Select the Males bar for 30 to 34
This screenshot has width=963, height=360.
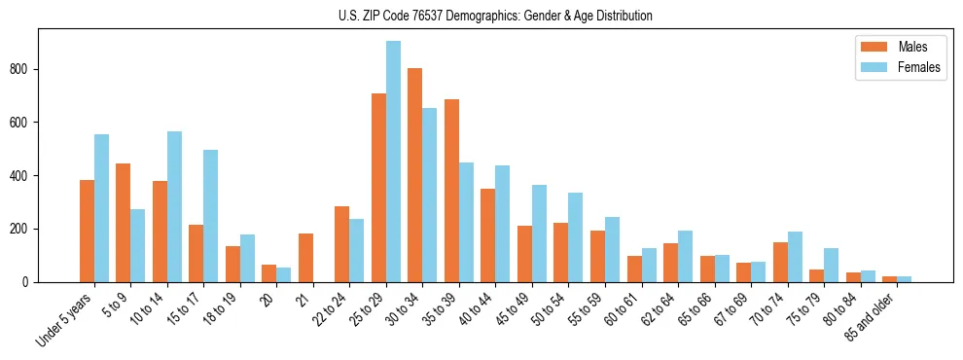(415, 175)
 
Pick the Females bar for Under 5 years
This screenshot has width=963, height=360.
(101, 208)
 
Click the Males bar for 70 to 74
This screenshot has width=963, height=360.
(780, 262)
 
